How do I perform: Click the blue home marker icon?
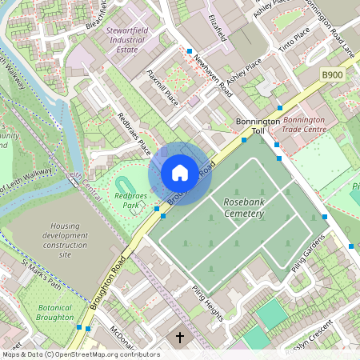(180, 173)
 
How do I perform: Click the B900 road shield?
(332, 75)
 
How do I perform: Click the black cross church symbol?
(180, 338)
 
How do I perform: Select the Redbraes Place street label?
(134, 131)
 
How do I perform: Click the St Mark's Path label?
(42, 274)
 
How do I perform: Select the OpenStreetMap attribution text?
(80, 354)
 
